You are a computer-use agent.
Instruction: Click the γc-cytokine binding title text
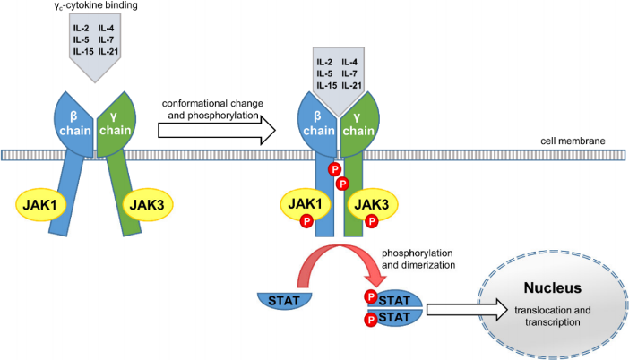[x=96, y=5]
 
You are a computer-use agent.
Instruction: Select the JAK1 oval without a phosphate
[x=40, y=204]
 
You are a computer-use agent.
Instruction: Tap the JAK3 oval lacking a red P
[x=147, y=204]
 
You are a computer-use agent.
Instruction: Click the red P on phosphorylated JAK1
[x=306, y=221]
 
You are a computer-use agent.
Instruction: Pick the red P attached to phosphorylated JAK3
[x=372, y=221]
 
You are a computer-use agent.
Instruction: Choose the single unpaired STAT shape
[x=284, y=301]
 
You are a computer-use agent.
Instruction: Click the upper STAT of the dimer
[x=395, y=299]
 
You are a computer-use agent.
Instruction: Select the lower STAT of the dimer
[x=395, y=318]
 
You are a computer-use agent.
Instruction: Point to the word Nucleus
[x=552, y=287]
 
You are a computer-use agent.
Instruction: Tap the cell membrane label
[x=573, y=141]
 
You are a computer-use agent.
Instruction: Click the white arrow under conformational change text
[x=217, y=130]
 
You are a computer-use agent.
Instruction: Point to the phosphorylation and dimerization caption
[x=418, y=259]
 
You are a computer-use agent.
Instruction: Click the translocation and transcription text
[x=552, y=316]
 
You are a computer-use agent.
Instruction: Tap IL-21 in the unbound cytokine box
[x=108, y=51]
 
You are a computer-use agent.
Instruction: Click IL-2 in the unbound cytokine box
[x=81, y=28]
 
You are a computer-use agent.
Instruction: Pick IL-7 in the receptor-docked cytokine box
[x=349, y=73]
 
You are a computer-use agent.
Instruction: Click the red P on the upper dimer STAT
[x=371, y=297]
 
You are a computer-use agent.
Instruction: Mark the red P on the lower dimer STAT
[x=371, y=320]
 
